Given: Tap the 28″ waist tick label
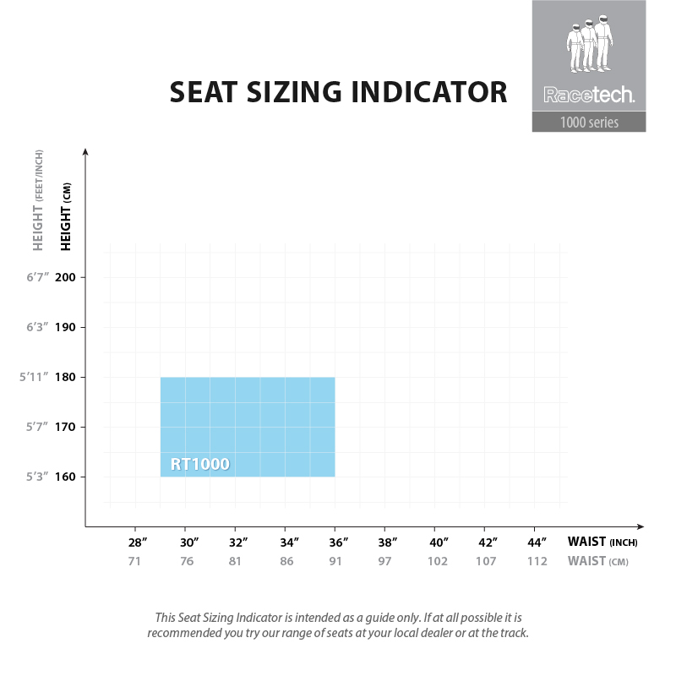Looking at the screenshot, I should tap(138, 542).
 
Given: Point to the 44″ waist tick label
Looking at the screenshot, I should tap(537, 542).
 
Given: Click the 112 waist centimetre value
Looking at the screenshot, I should tap(537, 561).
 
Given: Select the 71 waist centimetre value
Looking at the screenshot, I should tap(135, 561).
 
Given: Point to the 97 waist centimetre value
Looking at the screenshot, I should tap(385, 561).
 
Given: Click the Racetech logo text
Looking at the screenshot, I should tap(589, 96).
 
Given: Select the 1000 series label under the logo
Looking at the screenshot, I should tap(589, 123).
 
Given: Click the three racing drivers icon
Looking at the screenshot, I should tap(589, 47).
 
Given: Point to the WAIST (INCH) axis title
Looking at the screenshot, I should tap(602, 542).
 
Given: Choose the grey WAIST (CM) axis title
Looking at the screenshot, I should tap(598, 561).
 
